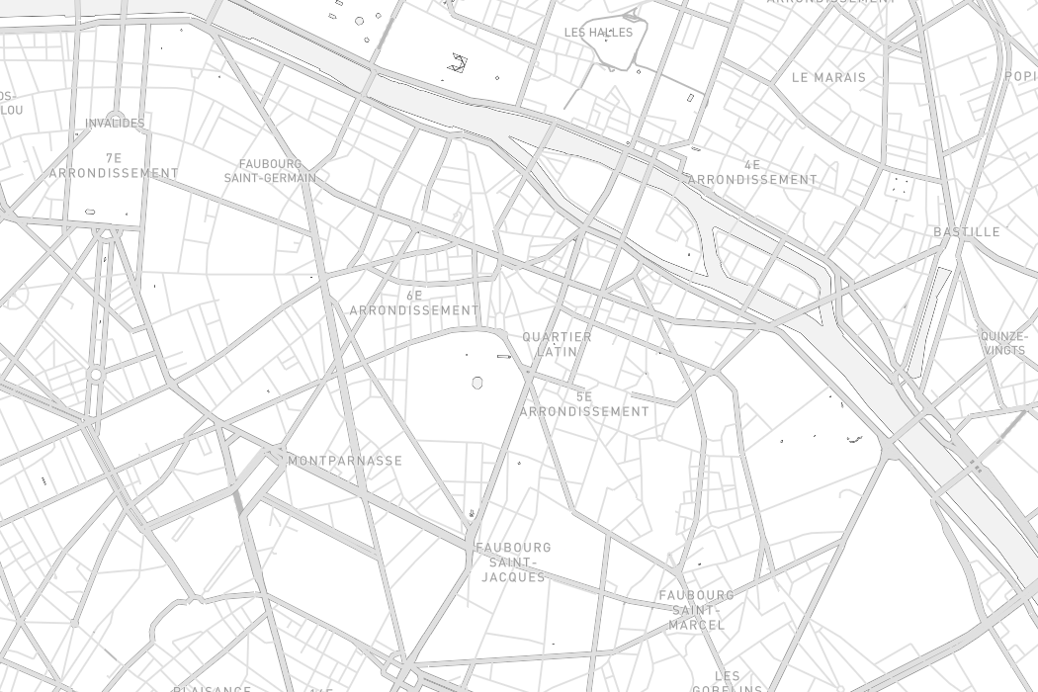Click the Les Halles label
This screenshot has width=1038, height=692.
598,33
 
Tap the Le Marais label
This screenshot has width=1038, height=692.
828,77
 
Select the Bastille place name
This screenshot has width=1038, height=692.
967,232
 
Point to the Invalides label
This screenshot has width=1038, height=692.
115,124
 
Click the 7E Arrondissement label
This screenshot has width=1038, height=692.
114,165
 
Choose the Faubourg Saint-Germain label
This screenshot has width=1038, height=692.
270,171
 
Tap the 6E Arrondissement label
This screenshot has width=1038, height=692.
414,303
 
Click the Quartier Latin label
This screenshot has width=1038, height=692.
557,344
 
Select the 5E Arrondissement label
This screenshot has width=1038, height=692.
584,404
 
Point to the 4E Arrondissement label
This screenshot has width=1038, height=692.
752,172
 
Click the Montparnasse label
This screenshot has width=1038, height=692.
345,461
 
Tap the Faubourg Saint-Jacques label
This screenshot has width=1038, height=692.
513,562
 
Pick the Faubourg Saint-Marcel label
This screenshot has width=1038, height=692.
697,610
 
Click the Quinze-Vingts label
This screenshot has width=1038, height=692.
1003,343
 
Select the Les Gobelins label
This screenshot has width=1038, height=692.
727,682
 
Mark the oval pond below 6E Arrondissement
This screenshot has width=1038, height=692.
477,383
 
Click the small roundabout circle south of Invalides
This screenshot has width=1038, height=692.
96,375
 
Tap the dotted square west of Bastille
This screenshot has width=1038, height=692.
899,185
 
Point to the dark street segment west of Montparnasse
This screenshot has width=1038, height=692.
237,500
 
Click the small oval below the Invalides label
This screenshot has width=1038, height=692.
90,212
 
